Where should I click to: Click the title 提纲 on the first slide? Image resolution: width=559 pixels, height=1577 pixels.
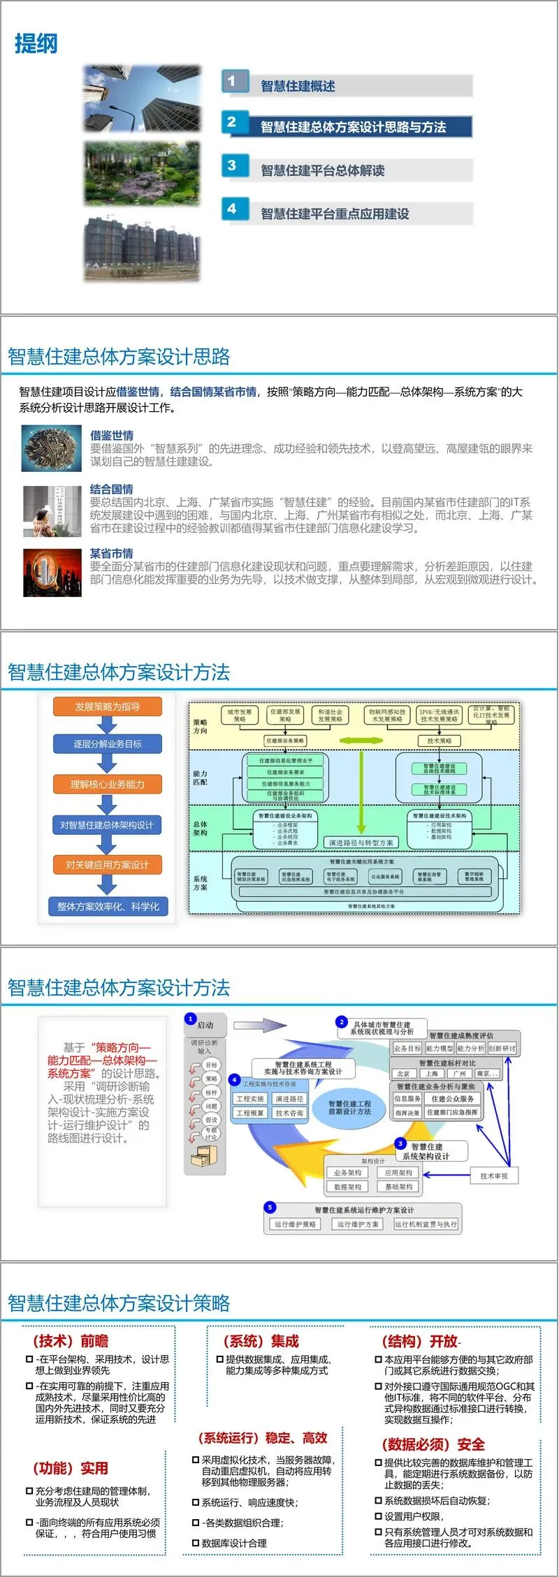[36, 44]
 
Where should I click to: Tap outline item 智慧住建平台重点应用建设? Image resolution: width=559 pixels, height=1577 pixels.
[335, 214]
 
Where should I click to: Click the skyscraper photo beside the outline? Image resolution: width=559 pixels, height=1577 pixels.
[142, 98]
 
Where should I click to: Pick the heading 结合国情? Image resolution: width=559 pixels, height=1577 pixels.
[111, 489]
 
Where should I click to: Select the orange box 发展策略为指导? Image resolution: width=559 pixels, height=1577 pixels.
[108, 706]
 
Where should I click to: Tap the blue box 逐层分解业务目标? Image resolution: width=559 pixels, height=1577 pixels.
[108, 744]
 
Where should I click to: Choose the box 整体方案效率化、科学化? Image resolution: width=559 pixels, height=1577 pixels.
[108, 907]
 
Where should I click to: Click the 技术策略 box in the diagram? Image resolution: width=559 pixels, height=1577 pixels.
[439, 741]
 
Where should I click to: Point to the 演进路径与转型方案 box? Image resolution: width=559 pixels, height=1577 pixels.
[361, 843]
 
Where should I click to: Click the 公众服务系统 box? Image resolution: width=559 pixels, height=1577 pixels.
[385, 876]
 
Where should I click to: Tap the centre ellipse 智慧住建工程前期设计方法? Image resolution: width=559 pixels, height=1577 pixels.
[349, 1107]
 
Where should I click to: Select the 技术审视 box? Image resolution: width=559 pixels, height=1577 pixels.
[494, 1176]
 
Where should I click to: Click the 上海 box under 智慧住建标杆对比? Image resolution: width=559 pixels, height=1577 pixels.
[432, 1074]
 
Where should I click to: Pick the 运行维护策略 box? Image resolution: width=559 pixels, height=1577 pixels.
[295, 1224]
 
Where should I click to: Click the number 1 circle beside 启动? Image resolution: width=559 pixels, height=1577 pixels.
[190, 1019]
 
